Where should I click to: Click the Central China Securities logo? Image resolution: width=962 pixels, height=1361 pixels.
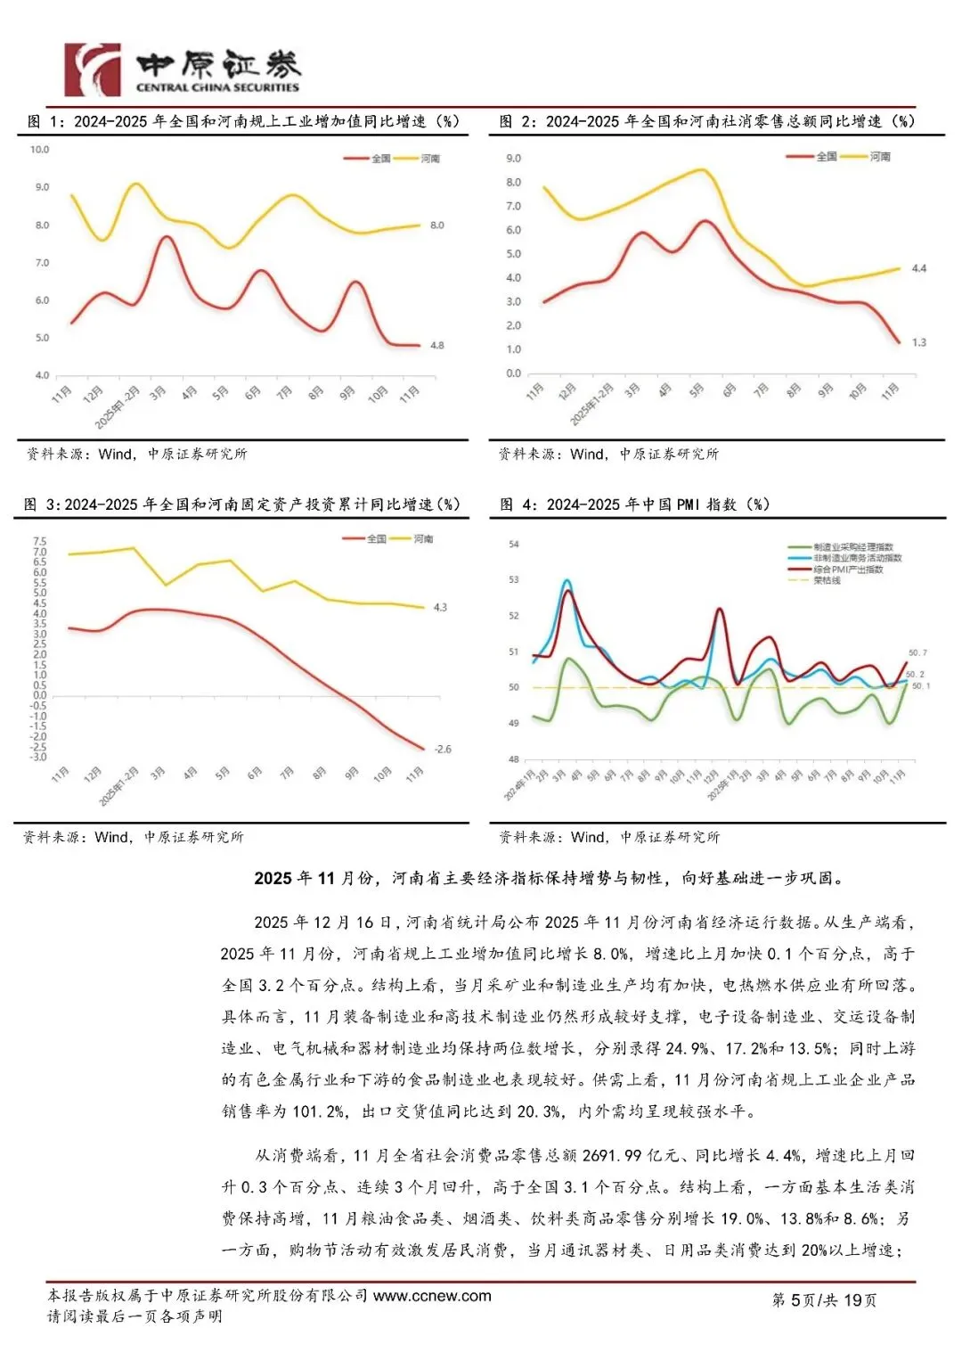pos(182,70)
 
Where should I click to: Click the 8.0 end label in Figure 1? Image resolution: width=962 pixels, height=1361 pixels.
pos(436,225)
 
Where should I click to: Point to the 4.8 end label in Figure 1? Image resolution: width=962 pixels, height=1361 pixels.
pos(436,345)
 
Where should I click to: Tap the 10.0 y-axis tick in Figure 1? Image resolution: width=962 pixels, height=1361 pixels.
pos(40,150)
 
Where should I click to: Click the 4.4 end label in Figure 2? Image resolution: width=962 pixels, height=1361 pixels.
pos(918,268)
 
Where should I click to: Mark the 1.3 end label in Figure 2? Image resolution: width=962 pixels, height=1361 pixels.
pos(918,342)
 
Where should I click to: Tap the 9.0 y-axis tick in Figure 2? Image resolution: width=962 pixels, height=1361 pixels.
pos(513,159)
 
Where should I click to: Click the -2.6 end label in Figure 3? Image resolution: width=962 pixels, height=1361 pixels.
pos(443,749)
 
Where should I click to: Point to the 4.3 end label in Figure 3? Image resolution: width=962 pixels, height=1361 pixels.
pos(440,607)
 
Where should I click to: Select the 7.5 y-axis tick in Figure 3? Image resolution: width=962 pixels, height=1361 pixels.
pos(39,541)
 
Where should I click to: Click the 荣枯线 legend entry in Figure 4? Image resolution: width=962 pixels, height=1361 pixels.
pos(827,580)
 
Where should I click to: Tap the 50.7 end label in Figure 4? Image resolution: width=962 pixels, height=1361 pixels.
pos(917,653)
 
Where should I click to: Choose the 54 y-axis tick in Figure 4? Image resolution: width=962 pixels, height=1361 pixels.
pos(513,544)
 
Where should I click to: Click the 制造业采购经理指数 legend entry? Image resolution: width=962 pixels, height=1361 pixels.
pos(852,546)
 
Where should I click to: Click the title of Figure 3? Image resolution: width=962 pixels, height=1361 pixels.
pos(241,504)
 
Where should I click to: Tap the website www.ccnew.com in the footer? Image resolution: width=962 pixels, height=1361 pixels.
pos(432,1295)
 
